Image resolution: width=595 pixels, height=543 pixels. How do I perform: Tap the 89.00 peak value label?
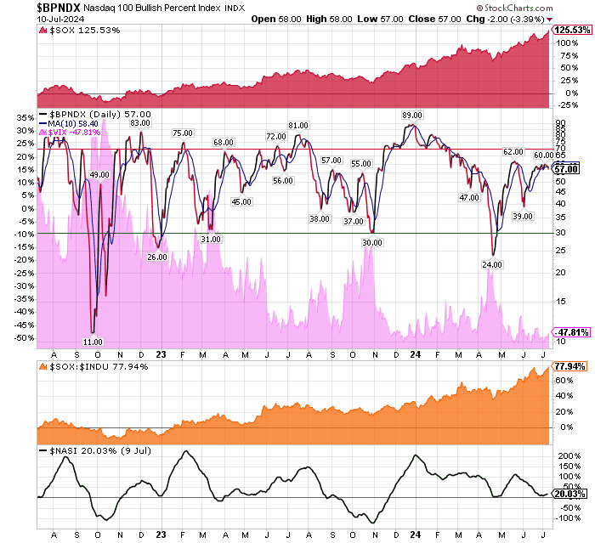coord(412,115)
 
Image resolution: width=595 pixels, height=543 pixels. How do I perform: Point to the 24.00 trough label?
coord(493,264)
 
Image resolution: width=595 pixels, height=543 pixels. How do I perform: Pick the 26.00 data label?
coord(157,257)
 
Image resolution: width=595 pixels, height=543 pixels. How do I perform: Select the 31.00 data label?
coord(211,239)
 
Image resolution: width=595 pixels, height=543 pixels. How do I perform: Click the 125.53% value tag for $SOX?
coord(571,30)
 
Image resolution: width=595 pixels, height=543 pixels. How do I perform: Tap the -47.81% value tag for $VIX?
coord(571,331)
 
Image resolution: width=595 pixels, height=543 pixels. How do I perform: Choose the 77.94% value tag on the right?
coord(571,366)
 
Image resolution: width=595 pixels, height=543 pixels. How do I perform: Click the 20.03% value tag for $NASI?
coord(571,494)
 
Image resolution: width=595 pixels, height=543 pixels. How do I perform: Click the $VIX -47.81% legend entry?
coord(75,132)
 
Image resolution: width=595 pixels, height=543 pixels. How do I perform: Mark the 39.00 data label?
coord(523,217)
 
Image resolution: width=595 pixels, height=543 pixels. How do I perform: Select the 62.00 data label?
coord(513,151)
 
